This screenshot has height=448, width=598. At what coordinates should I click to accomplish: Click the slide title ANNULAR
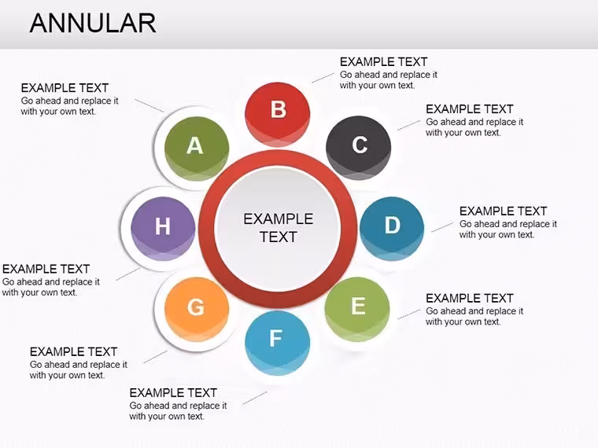tap(93, 24)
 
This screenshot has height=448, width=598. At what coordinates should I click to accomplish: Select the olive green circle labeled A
tap(197, 149)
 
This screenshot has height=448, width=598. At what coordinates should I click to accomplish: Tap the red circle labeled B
tap(277, 114)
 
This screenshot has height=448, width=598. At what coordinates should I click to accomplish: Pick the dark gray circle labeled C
tap(359, 148)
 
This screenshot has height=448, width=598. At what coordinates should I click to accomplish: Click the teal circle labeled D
tap(392, 229)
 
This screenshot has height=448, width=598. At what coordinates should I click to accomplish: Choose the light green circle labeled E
tap(357, 309)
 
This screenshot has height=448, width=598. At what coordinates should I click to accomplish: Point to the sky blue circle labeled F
tap(277, 343)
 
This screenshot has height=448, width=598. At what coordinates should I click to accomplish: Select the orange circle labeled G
tap(197, 310)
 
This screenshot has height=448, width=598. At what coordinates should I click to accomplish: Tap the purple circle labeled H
tap(163, 229)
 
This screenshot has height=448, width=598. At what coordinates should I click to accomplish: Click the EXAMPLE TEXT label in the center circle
tap(279, 228)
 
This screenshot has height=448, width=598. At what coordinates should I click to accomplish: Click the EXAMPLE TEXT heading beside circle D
tap(503, 211)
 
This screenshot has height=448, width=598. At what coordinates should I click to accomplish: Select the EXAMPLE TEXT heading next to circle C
tap(470, 109)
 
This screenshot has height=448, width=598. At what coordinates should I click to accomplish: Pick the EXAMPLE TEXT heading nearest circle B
tap(384, 62)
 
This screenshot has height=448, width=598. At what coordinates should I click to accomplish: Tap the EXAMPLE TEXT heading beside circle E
tap(470, 298)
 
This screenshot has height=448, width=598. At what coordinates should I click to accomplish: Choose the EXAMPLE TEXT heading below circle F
tap(173, 392)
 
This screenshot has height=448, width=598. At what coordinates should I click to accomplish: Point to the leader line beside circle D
tap(442, 227)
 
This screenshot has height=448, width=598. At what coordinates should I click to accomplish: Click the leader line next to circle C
tap(409, 125)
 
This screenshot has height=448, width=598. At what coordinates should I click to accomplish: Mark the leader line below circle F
tap(255, 398)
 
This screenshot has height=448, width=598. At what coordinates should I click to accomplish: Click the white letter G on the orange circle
tap(195, 307)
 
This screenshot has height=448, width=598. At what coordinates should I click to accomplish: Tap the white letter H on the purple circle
tap(162, 226)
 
